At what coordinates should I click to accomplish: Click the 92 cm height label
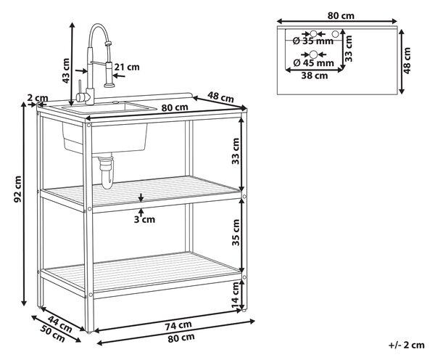[17, 189]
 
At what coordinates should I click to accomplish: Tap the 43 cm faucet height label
[66, 70]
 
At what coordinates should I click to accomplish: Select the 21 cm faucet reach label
[127, 67]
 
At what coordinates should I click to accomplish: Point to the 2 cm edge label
[38, 98]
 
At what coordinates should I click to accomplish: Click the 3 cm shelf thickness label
[144, 219]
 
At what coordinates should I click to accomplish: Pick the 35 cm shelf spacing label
[236, 232]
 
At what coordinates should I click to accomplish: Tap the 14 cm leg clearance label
[236, 295]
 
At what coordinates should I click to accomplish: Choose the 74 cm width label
[178, 326]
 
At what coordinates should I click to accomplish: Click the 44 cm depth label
[59, 324]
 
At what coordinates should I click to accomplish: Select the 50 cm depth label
[53, 334]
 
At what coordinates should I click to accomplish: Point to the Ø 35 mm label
[313, 41]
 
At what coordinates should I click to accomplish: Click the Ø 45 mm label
[313, 62]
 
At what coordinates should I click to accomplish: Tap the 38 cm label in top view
[315, 75]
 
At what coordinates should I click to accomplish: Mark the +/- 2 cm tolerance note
[407, 345]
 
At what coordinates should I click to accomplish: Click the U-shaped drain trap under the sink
[107, 173]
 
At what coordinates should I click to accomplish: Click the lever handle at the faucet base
[79, 89]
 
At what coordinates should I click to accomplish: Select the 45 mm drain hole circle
[313, 54]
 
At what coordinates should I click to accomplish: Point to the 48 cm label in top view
[407, 60]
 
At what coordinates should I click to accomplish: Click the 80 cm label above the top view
[341, 15]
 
